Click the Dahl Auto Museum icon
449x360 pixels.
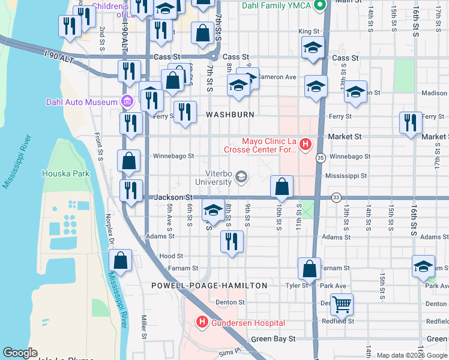pyautogui.click(x=127, y=101)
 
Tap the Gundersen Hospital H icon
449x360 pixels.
pyautogui.click(x=202, y=323)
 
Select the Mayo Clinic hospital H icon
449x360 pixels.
pyautogui.click(x=306, y=144)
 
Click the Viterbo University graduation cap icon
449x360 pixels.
pyautogui.click(x=241, y=176)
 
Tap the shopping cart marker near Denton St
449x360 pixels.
pyautogui.click(x=342, y=304)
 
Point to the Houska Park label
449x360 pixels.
pyautogui.click(x=65, y=174)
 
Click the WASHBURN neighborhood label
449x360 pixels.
pyautogui.click(x=231, y=114)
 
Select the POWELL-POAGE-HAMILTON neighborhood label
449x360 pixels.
pyautogui.click(x=209, y=286)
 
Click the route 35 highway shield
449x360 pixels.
pyautogui.click(x=321, y=158)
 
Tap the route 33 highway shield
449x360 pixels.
pyautogui.click(x=336, y=197)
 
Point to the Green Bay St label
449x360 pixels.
pyautogui.click(x=273, y=339)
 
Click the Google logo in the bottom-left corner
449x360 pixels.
pyautogui.click(x=20, y=353)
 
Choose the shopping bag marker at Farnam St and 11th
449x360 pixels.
pyautogui.click(x=310, y=269)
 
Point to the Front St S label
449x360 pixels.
pyautogui.click(x=100, y=147)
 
